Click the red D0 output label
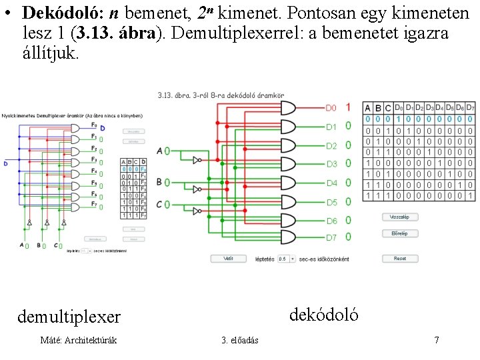(331, 107)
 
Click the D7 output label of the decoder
(331, 237)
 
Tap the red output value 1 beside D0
(348, 107)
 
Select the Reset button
(400, 258)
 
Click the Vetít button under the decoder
(229, 258)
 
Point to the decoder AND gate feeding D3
(288, 163)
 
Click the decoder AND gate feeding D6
(288, 219)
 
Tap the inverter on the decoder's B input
(196, 189)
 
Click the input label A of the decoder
(159, 151)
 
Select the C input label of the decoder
(159, 204)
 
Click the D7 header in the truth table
(471, 107)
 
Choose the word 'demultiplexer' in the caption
(69, 315)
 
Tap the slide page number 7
(436, 340)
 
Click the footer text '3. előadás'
(240, 341)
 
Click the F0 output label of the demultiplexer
(93, 125)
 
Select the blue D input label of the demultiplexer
(5, 163)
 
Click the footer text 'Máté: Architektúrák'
(79, 340)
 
